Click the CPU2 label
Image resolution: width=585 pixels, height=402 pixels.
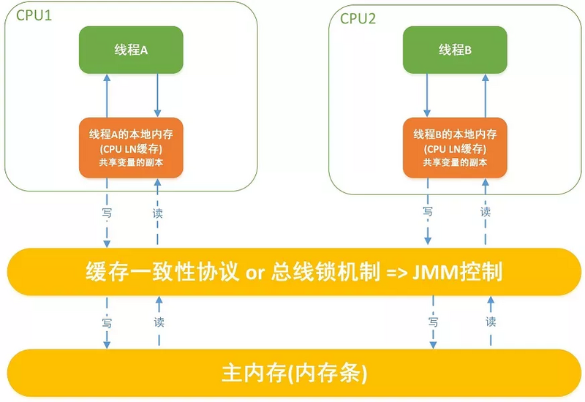pos(358,18)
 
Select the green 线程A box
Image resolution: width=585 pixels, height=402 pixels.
pos(132,50)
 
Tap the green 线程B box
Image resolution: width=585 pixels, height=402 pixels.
pos(455,50)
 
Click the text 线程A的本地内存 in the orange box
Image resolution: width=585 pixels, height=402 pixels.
pos(132,134)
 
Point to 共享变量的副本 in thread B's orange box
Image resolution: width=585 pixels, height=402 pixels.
pos(455,162)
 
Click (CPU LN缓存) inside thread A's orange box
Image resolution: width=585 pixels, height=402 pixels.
pos(132,148)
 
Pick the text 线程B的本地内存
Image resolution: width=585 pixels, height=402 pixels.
pos(455,134)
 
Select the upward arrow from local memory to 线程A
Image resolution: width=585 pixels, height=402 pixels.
pos(107,95)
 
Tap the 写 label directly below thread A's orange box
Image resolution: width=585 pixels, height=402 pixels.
pos(107,213)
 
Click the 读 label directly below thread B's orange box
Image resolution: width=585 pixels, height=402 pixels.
pos(486,212)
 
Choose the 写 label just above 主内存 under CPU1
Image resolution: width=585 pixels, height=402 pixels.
pos(107,322)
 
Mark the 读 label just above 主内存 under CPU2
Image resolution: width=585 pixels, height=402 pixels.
pos(491,322)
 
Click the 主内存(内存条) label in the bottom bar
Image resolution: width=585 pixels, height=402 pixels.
pos(293,373)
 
